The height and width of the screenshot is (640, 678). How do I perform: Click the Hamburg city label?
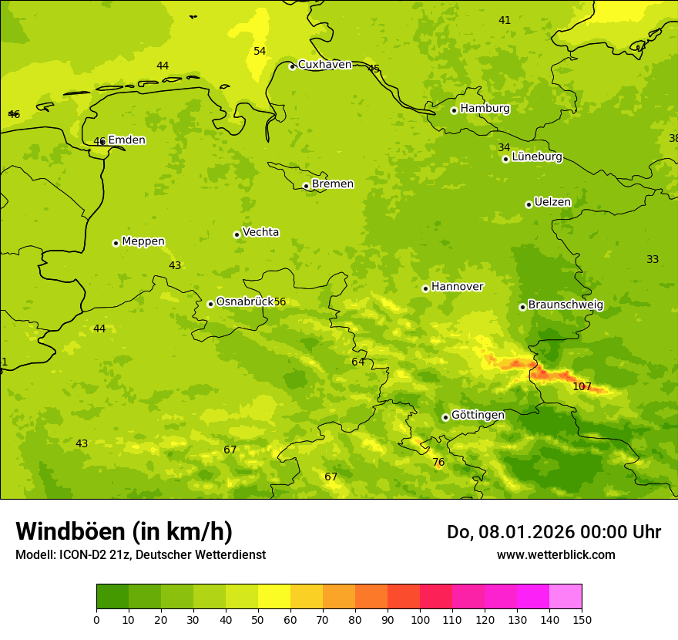coord(485,109)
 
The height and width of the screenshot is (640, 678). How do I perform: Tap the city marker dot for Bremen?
coord(306,186)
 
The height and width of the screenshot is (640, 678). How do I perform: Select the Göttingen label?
coord(478,415)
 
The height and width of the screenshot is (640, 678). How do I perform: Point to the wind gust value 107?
coord(582,386)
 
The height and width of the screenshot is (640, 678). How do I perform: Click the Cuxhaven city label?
coord(324,65)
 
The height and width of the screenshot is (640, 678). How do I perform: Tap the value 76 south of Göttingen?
coord(438,463)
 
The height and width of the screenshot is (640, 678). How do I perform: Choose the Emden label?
coord(126,140)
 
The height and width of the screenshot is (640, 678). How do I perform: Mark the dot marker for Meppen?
coord(116,243)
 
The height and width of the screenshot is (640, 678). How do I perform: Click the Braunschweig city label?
coord(566,305)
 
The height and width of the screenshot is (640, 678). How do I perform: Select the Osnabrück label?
coord(245,302)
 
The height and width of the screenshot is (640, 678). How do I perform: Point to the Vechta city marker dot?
coord(237,234)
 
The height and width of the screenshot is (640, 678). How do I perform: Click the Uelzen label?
coord(552,203)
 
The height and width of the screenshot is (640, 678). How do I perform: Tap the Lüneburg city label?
coord(537,157)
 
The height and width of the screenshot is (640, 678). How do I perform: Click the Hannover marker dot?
coord(425,288)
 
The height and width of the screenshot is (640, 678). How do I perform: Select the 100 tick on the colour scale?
coord(420,619)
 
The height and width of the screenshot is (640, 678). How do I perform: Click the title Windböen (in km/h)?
coord(124,531)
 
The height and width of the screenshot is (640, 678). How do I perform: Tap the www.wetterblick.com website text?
coord(555,555)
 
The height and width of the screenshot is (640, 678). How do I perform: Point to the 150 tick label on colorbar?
coord(582,619)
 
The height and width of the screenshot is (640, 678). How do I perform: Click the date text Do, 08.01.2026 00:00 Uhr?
coord(553,532)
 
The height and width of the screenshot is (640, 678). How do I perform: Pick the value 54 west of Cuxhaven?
coord(260,52)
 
